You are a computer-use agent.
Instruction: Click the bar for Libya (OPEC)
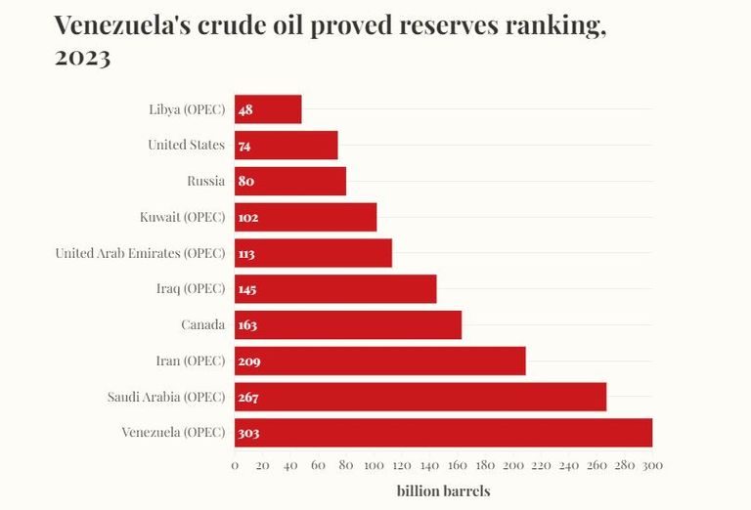tap(268, 109)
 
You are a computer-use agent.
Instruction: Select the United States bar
tap(286, 146)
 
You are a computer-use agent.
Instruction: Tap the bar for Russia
tap(290, 181)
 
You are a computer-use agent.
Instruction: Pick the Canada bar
tap(348, 324)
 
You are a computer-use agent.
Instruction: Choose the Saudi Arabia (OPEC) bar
tap(420, 397)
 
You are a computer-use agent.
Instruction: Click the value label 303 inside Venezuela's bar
tap(248, 433)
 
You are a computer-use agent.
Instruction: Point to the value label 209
tap(248, 361)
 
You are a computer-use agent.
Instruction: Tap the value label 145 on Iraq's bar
tap(247, 289)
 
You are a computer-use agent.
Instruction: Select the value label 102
tap(247, 217)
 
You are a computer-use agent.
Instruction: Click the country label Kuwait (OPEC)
tap(183, 217)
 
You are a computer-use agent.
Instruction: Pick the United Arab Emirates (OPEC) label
tap(140, 253)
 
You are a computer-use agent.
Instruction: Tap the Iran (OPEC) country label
tap(190, 361)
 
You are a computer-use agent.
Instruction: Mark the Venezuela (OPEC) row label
tap(173, 433)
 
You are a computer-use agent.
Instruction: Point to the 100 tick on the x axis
tap(374, 466)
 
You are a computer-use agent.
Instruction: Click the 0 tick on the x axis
tap(235, 466)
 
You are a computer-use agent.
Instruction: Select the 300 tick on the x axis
tap(652, 466)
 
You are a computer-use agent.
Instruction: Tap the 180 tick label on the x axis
tap(485, 466)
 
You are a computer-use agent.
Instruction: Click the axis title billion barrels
tap(443, 490)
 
